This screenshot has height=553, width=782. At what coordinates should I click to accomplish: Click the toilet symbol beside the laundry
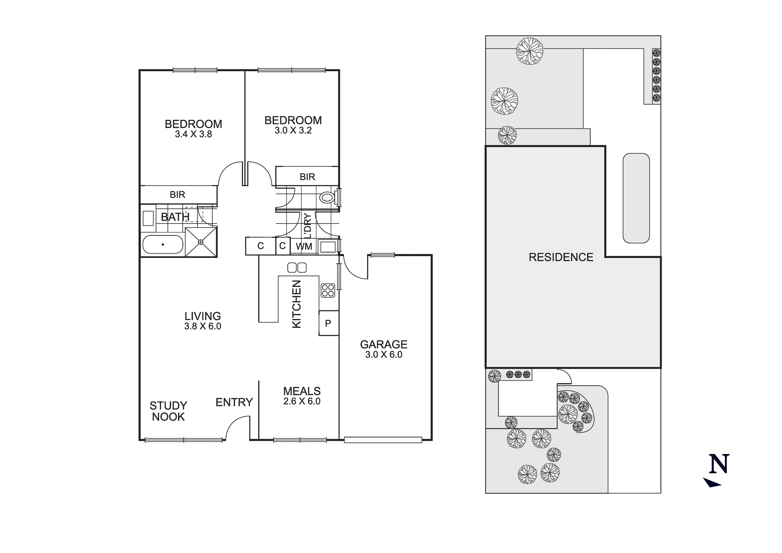click(x=326, y=198)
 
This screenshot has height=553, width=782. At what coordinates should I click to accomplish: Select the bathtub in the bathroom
click(x=162, y=245)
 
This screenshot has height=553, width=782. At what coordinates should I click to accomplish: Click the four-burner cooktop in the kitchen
click(x=328, y=290)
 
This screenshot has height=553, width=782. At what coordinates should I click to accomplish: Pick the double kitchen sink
click(x=297, y=268)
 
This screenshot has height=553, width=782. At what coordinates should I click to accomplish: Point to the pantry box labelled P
click(x=328, y=323)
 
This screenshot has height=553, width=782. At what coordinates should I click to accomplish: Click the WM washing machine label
click(x=304, y=246)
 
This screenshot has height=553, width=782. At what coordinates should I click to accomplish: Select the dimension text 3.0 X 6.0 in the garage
click(x=384, y=355)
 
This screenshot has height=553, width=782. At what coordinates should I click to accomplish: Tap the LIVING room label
click(x=203, y=316)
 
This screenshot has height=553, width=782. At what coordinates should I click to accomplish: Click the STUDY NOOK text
click(x=169, y=411)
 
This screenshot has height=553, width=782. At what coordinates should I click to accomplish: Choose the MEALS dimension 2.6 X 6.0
click(x=302, y=401)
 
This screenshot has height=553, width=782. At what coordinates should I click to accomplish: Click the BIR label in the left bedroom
click(x=178, y=195)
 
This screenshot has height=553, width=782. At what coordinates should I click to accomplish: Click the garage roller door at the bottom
click(x=383, y=440)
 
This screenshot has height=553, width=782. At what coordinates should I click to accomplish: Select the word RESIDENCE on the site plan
click(x=561, y=257)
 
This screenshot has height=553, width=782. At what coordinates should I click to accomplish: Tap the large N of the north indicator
click(x=719, y=464)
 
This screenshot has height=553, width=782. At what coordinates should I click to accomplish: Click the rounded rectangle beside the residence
click(x=636, y=198)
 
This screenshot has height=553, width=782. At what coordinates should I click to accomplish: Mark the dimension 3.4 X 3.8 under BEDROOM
click(x=193, y=134)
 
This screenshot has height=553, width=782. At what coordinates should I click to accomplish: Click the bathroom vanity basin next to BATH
click(x=148, y=218)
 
